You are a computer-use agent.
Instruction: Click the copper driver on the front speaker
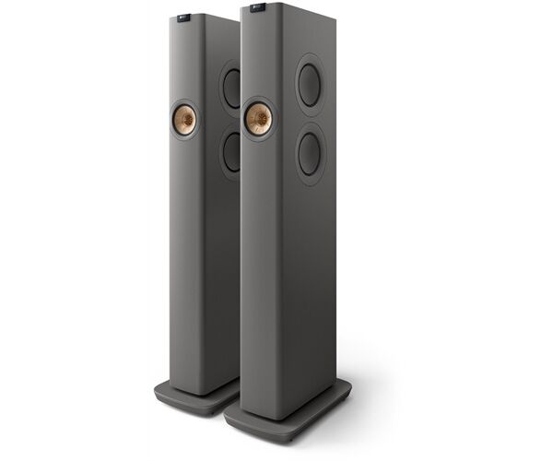(x=258, y=117)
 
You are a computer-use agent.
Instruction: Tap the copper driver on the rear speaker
(x=184, y=121)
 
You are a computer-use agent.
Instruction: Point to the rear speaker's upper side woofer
(x=230, y=89)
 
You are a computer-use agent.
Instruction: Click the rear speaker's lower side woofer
(x=230, y=152)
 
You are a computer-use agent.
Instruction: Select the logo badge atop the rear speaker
(x=187, y=17)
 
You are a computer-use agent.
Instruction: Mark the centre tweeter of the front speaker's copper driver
(x=258, y=117)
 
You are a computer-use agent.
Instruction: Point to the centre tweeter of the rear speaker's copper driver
(x=184, y=121)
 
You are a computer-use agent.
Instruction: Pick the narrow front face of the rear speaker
(x=188, y=258)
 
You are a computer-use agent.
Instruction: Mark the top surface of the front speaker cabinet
(x=276, y=11)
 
